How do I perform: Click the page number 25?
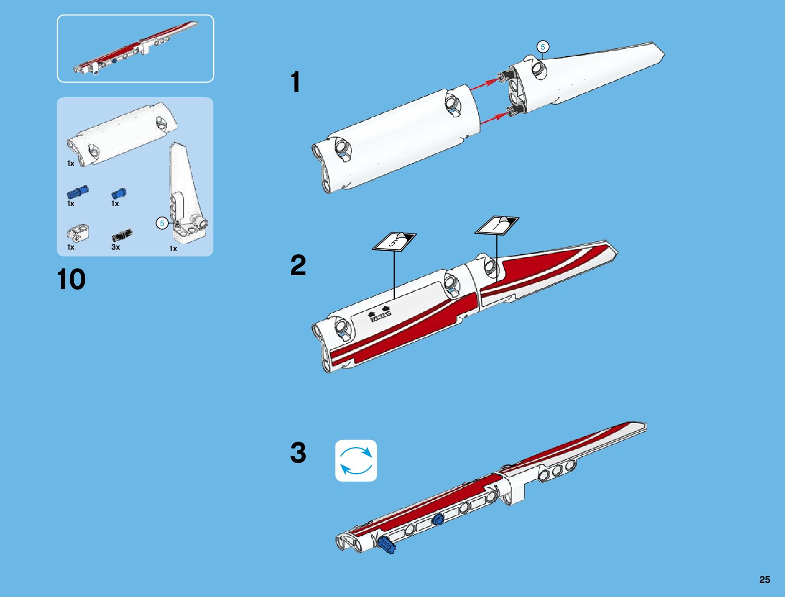[764, 579]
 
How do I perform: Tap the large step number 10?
[71, 279]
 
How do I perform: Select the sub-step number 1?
[295, 82]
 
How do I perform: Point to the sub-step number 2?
[298, 266]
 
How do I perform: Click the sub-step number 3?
[298, 453]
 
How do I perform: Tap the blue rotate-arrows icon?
[356, 461]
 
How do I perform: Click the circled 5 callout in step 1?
[543, 47]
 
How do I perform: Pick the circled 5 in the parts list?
[162, 223]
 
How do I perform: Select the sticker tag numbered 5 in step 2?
[394, 242]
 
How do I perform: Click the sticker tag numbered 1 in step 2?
[497, 225]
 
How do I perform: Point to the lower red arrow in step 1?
[494, 118]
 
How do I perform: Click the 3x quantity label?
[115, 247]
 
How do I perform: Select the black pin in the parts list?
[122, 235]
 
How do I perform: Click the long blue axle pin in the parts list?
[78, 192]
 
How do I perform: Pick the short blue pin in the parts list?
[119, 193]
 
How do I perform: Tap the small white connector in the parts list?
[78, 232]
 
